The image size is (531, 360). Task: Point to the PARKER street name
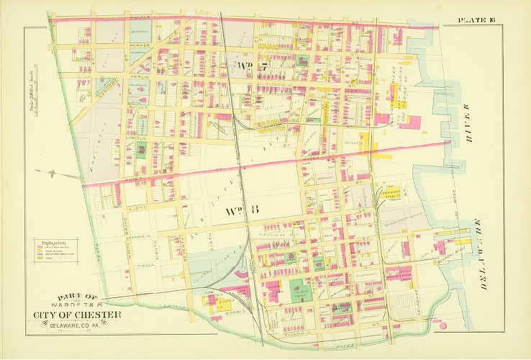pyautogui.click(x=139, y=45)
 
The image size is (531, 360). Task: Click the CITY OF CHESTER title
pyautogui.click(x=76, y=316)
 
